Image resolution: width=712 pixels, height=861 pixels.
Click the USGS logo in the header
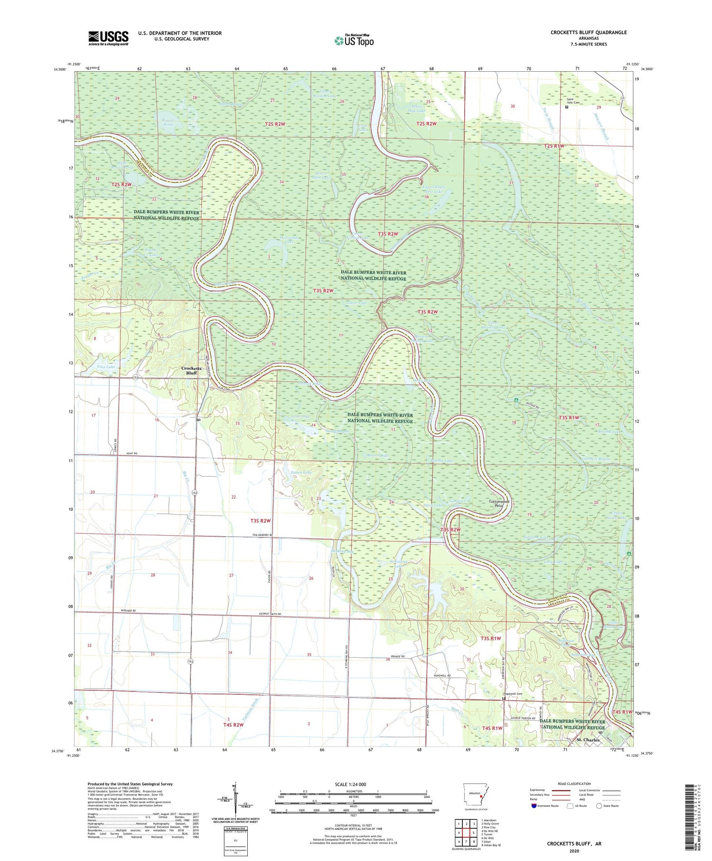[108, 38]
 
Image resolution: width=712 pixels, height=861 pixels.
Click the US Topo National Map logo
[354, 40]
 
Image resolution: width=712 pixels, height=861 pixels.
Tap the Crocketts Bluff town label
[192, 370]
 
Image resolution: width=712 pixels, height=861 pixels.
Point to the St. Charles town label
[588, 740]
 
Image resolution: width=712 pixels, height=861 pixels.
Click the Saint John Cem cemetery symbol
[567, 107]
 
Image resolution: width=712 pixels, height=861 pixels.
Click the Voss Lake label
[106, 367]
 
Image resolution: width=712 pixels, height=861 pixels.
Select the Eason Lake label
[301, 472]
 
